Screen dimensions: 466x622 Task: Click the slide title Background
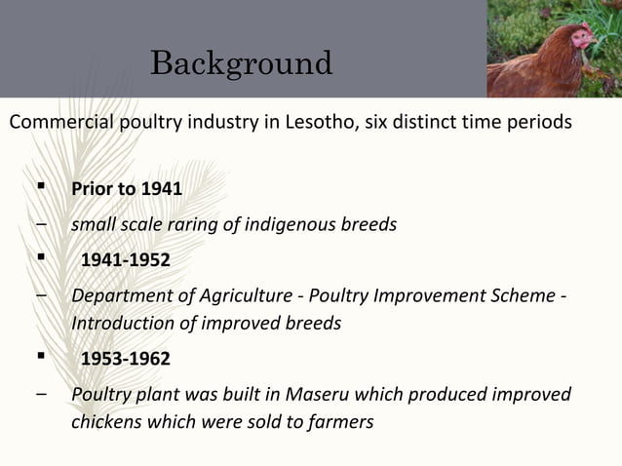point(241,63)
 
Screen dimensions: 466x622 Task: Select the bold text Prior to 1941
point(127,188)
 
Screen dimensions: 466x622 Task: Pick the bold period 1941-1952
point(125,260)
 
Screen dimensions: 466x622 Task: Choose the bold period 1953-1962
point(125,359)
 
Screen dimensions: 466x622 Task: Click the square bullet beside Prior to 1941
point(40,187)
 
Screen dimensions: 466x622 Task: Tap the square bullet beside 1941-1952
point(40,259)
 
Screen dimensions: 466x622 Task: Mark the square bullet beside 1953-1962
point(40,358)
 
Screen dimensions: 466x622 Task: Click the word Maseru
point(321,394)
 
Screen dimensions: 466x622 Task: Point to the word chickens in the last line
point(107,422)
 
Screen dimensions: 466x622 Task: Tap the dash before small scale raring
point(40,224)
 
